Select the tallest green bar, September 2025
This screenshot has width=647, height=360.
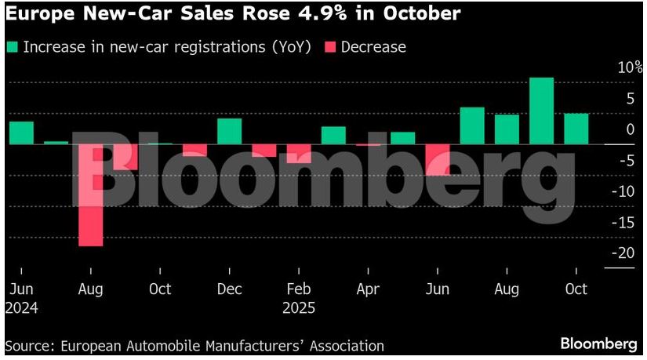(541, 111)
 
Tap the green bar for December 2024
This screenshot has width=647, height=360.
(229, 131)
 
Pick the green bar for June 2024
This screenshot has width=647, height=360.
(21, 133)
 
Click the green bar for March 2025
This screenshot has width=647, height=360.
(333, 135)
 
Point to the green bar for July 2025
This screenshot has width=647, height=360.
(471, 125)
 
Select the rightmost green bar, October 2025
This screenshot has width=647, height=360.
(576, 129)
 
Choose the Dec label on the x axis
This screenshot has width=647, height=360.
(229, 289)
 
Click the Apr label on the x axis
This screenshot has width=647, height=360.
(368, 289)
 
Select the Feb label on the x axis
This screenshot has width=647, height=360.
(298, 289)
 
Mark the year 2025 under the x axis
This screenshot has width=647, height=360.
(299, 307)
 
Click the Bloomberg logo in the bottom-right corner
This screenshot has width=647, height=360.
(598, 344)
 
